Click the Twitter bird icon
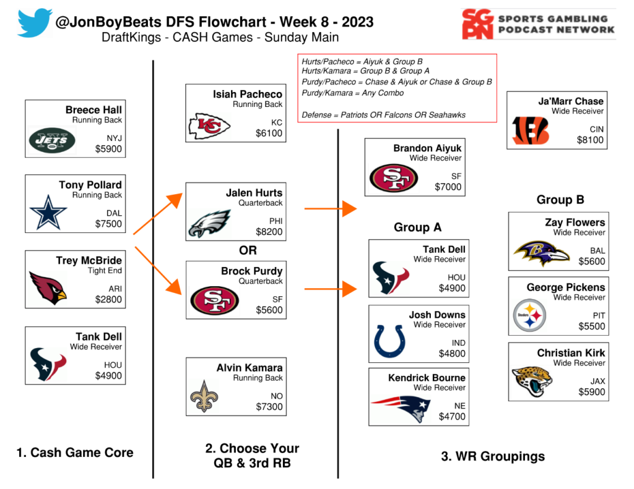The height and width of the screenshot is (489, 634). point(36,23)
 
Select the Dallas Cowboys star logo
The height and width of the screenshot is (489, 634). point(48,214)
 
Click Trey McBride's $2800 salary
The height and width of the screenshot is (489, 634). point(108,300)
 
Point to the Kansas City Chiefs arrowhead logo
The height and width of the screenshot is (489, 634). point(209,126)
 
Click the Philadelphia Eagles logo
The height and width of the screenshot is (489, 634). point(209,223)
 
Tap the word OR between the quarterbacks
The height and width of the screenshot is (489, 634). point(248,250)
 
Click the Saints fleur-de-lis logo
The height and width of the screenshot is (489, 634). point(204,396)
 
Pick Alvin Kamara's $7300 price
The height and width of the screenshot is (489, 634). point(269,407)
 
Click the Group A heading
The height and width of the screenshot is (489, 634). point(417,227)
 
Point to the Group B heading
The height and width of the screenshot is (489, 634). point(560,200)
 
